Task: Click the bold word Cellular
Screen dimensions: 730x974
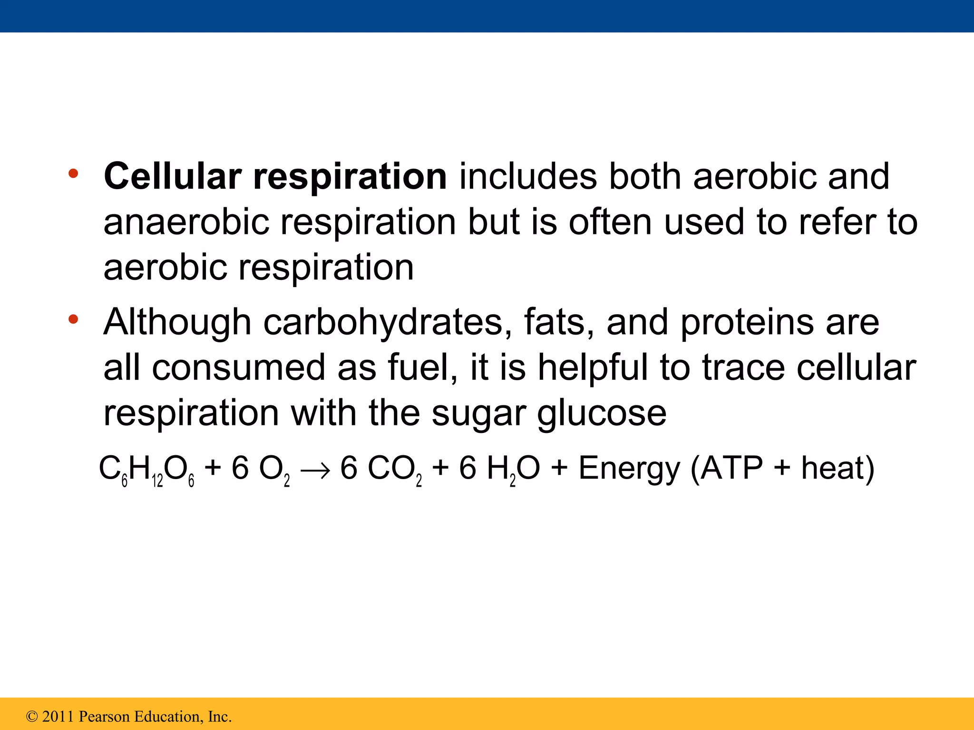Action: tap(172, 176)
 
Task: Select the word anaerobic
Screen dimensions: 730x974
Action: tap(186, 222)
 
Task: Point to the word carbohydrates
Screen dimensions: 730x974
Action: tap(383, 323)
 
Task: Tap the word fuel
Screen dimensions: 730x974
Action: tap(419, 367)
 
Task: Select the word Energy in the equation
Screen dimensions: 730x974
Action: tap(629, 469)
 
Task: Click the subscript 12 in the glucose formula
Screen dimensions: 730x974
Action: tap(157, 481)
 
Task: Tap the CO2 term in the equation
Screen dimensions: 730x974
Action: tap(395, 469)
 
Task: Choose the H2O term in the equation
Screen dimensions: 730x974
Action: tap(513, 469)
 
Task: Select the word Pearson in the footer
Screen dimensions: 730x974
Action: tap(104, 716)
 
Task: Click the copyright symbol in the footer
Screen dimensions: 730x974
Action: tap(32, 716)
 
